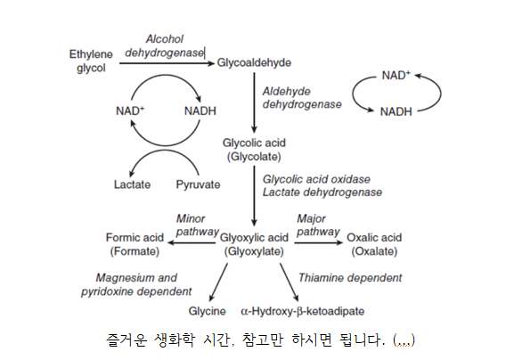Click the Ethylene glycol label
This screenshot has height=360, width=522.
point(91,61)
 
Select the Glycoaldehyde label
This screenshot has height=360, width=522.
point(254,62)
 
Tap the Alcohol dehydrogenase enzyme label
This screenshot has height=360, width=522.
point(165,45)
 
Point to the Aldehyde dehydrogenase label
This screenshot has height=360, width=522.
point(302,98)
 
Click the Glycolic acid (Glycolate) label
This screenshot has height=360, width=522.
point(254,150)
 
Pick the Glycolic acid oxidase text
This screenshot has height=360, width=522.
point(316,179)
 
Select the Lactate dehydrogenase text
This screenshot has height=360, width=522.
point(322,192)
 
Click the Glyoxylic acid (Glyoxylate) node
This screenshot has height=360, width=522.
point(254,244)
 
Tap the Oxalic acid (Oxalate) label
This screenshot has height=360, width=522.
point(374,244)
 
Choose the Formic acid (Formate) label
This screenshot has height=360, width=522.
point(135,244)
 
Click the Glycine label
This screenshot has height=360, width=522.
point(207,311)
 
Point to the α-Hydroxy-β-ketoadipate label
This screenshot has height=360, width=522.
point(303,311)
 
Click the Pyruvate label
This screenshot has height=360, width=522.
point(198,184)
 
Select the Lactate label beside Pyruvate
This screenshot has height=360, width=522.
point(132,184)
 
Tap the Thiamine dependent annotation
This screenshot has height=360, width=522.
point(350,278)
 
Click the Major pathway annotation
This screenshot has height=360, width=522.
point(318,225)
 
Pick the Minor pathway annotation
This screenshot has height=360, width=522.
point(198,225)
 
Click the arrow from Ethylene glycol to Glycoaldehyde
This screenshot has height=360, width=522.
point(167,63)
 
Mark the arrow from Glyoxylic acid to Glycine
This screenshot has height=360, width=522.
point(218,282)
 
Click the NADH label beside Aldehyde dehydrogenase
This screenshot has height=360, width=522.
point(396,111)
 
